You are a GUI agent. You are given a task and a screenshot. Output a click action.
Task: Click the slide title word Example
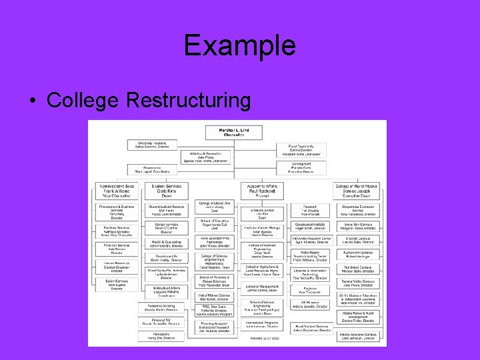(x=239, y=45)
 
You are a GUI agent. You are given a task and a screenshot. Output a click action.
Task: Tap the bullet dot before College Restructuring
(x=33, y=101)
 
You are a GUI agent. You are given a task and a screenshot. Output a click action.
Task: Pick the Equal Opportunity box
(x=301, y=150)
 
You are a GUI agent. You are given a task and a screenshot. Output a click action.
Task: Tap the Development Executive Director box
(x=301, y=167)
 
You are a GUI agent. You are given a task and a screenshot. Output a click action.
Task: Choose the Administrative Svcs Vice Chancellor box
(x=117, y=190)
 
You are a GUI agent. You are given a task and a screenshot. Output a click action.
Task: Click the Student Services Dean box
(x=161, y=190)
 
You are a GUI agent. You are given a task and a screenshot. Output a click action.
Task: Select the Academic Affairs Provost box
(x=257, y=190)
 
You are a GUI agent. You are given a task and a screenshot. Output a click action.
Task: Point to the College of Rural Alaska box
(x=357, y=190)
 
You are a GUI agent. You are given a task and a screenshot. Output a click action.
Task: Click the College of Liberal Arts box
(x=214, y=207)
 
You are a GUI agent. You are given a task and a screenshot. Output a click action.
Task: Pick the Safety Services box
(x=117, y=286)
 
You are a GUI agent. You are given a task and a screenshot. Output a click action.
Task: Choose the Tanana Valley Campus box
(x=357, y=283)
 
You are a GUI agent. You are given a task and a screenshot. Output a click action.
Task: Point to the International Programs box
(x=258, y=325)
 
